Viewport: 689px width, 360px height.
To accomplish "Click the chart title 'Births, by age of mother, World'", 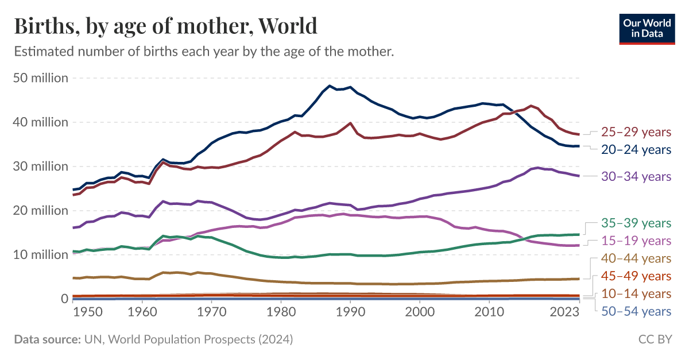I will coord(165,26).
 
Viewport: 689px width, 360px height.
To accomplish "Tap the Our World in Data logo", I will coord(647,28).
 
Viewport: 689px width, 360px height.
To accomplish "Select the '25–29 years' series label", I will coord(636,132).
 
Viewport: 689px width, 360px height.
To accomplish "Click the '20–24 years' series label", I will coord(636,150).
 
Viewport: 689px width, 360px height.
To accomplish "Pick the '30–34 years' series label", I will coord(636,176).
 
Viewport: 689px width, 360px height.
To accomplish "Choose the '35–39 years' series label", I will coord(636,223).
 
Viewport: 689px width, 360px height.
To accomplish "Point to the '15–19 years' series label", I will coord(636,241).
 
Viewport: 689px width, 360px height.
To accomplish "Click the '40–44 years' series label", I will coord(636,258).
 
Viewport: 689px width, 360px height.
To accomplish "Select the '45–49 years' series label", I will coord(636,276).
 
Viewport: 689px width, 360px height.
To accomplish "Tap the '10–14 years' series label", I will coord(636,294).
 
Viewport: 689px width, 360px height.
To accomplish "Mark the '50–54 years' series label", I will coord(636,312).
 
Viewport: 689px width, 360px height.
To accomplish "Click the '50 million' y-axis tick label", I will coord(40,78).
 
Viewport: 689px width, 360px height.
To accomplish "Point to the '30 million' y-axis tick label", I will coord(40,167).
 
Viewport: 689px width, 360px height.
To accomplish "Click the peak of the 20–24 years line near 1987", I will coord(329,86).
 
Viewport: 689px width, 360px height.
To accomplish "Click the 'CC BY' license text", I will coord(655,340).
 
